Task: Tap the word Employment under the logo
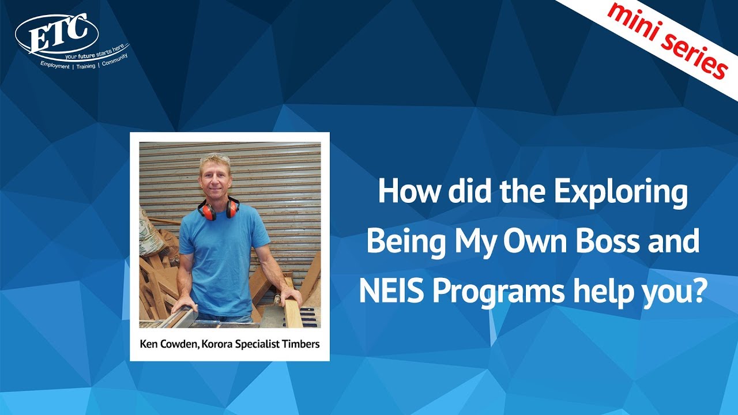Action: point(54,66)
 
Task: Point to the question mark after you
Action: point(699,291)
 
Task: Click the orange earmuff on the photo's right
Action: point(232,208)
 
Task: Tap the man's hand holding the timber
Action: point(291,297)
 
